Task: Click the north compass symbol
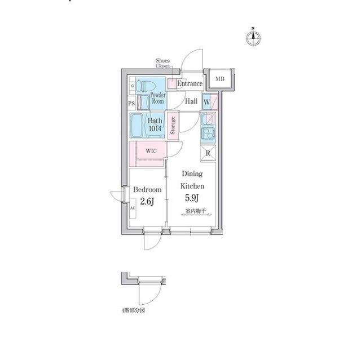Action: [x=254, y=38]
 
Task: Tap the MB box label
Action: [x=219, y=79]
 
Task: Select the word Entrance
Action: [x=190, y=84]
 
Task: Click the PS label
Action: [x=131, y=104]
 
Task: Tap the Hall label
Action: [x=191, y=101]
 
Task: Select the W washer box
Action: [x=207, y=102]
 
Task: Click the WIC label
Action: [x=151, y=151]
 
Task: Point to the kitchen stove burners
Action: [x=207, y=134]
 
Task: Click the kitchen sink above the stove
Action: [x=207, y=119]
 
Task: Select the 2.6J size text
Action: [x=147, y=202]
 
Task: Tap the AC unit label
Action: [x=133, y=208]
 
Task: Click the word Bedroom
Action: [x=148, y=190]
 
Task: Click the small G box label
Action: [x=131, y=86]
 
